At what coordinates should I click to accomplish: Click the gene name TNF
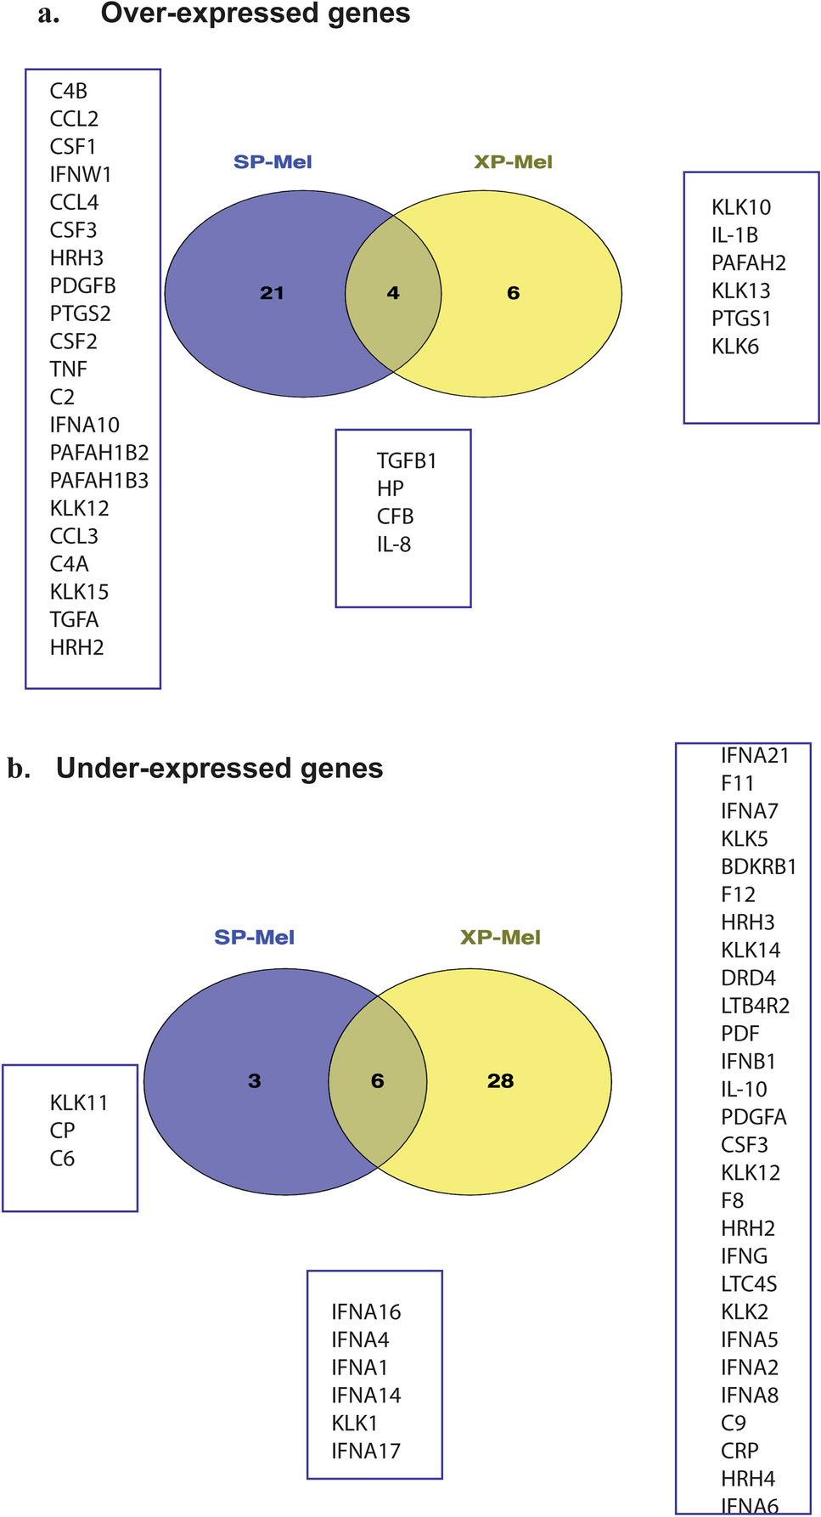point(68,369)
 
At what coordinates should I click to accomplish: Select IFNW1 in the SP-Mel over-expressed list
point(81,175)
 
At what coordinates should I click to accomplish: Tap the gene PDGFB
point(82,286)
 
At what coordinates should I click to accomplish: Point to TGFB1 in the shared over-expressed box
point(407,461)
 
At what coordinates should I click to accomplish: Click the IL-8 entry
point(394,544)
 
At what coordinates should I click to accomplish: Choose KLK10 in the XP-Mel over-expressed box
point(741,207)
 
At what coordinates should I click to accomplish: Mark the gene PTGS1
point(741,319)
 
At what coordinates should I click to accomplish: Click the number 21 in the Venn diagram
point(272,293)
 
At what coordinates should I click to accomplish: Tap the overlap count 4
point(393,293)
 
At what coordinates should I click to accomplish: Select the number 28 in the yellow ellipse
point(500,1080)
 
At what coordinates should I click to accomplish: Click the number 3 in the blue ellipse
point(254,1080)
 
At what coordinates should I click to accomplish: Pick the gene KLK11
point(79,1103)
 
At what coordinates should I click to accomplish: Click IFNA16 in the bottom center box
point(366,1311)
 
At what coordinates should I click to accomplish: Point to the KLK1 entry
point(355,1423)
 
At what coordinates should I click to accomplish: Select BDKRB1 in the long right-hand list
point(758,866)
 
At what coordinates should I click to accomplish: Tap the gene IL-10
point(744,1089)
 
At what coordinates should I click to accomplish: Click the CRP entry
point(739,1451)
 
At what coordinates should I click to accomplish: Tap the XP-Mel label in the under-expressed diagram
point(500,938)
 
